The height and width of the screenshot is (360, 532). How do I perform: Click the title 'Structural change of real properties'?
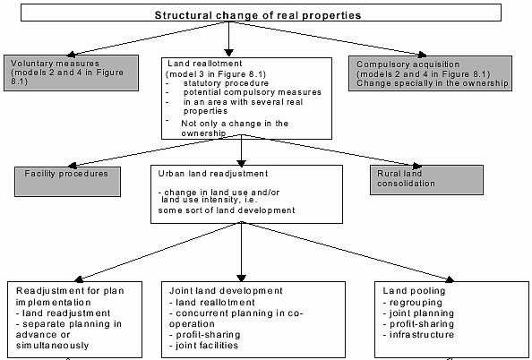[x=258, y=15]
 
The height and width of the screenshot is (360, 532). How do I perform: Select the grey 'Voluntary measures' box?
[x=72, y=73]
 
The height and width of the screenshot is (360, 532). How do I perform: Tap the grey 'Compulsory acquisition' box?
[x=430, y=73]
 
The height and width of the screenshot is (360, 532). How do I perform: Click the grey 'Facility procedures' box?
[x=67, y=182]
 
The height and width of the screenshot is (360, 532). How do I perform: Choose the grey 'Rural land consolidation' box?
[x=426, y=180]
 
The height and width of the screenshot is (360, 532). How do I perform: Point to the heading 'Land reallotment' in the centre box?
[x=205, y=64]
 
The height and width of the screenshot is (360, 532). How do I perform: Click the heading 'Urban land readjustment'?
[x=213, y=174]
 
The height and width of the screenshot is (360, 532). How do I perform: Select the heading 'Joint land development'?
[x=226, y=291]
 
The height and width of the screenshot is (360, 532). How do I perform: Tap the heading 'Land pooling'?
[x=414, y=291]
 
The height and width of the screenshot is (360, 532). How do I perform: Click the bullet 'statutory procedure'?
[x=226, y=83]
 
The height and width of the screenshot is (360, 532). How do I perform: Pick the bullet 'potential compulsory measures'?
[x=253, y=92]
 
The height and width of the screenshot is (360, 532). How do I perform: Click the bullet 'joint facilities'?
[x=203, y=346]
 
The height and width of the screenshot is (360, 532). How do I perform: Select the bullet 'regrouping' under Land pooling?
[x=412, y=303]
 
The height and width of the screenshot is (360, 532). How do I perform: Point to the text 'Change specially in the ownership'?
[x=433, y=83]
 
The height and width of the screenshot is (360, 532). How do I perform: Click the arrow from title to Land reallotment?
[x=229, y=39]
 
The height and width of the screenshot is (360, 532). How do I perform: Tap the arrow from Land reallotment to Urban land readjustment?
[x=241, y=150]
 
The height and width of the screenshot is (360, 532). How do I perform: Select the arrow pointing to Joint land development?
[x=241, y=252]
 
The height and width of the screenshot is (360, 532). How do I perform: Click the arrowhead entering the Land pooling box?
[x=450, y=279]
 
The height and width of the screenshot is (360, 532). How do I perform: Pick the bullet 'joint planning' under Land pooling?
[x=418, y=313]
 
